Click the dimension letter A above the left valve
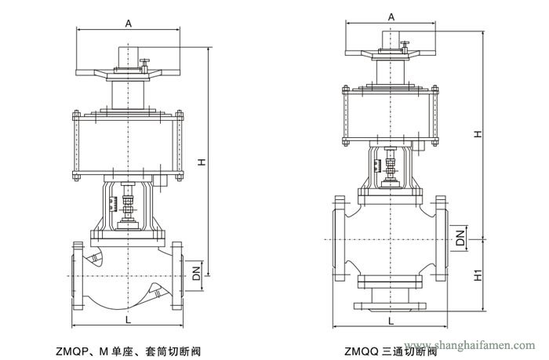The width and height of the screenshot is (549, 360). pos(128,24)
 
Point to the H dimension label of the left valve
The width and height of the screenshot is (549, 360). pos(201,162)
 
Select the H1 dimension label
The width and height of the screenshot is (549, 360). pos(478,276)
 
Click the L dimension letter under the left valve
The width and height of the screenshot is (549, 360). pos(128,320)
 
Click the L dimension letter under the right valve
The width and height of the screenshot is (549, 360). pos(390,320)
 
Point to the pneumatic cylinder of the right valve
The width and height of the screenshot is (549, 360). pos(390,115)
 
